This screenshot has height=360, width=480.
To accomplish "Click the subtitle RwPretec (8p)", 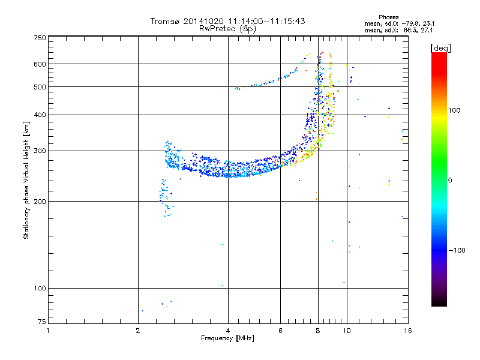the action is [227, 29].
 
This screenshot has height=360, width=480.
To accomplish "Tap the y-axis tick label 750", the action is [40, 38].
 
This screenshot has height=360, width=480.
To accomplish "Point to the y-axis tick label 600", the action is [40, 64].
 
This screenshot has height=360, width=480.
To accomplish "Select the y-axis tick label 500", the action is [40, 87].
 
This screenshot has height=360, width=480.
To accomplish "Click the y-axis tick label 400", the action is [40, 115].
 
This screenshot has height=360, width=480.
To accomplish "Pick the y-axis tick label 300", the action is [40, 151].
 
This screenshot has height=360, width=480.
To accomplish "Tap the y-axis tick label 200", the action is [40, 202].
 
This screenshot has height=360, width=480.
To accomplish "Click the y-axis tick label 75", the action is [42, 322].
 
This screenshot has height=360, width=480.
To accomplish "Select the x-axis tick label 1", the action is [48, 331].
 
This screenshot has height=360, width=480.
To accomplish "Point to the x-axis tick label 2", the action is [138, 331].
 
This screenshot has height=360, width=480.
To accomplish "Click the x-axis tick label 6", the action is [280, 331].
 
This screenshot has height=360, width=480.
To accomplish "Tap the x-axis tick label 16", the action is [408, 331].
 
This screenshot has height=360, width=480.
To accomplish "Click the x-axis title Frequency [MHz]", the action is [227, 338].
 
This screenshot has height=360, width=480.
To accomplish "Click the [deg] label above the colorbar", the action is [440, 48].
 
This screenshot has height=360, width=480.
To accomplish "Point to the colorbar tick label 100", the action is [454, 110].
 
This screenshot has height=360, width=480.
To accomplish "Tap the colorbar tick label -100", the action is [457, 250].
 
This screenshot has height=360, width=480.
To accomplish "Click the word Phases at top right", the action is [388, 17].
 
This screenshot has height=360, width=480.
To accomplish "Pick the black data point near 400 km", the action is [389, 109].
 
